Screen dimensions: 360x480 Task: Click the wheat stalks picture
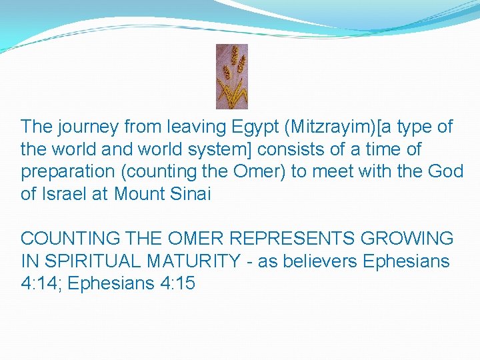(x=231, y=77)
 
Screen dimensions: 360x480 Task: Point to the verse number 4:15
(x=177, y=283)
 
